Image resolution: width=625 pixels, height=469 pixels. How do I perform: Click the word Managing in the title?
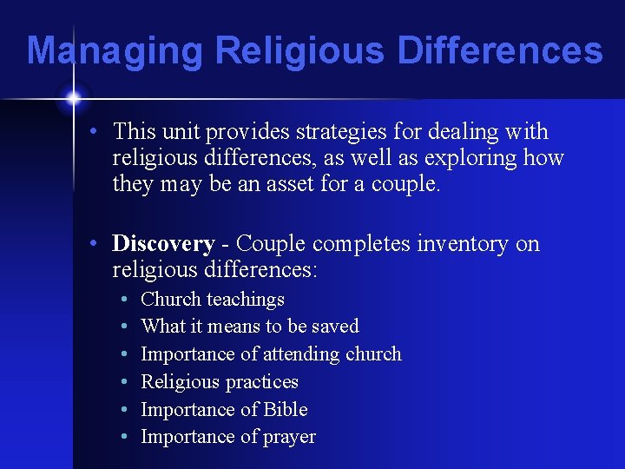[115, 50]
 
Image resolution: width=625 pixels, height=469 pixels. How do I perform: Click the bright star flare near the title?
[72, 98]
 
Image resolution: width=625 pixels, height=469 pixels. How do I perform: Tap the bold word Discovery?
[163, 243]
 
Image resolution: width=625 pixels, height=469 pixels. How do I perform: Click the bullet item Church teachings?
[213, 300]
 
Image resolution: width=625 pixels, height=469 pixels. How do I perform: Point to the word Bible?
[286, 409]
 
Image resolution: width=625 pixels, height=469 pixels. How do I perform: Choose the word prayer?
[289, 438]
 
